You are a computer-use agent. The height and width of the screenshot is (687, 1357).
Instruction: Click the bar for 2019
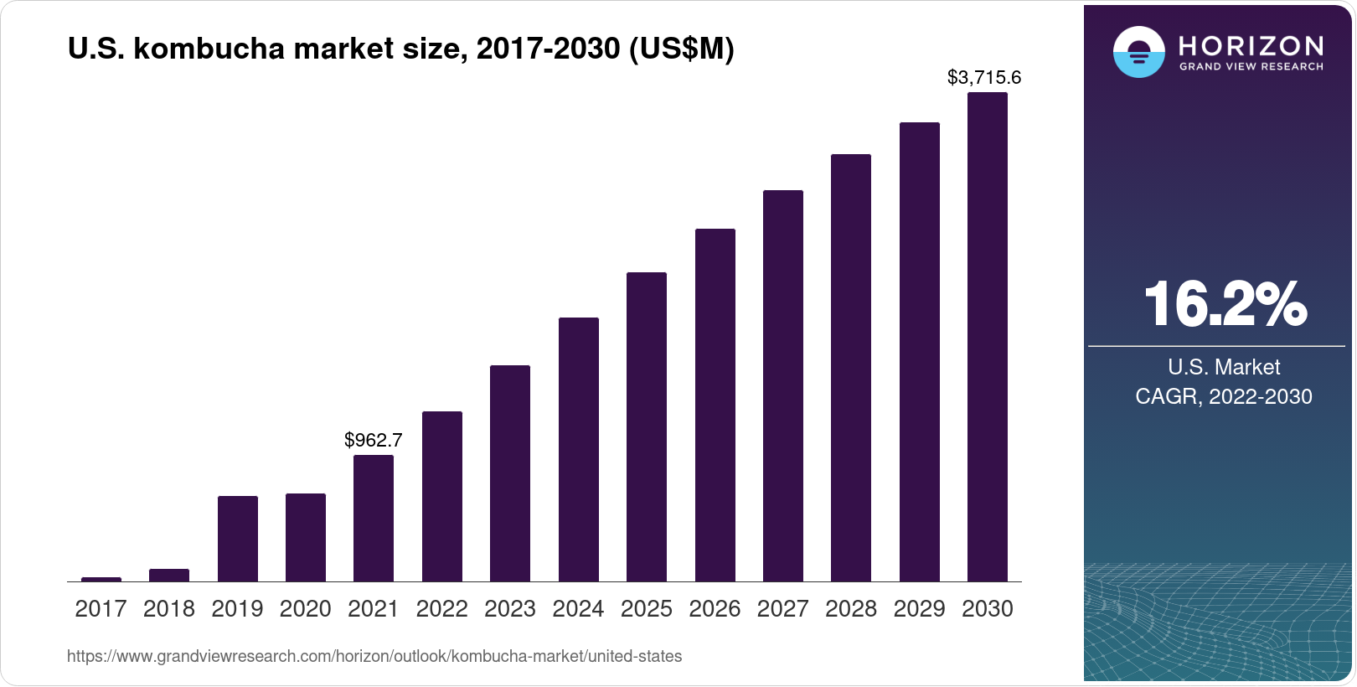238,539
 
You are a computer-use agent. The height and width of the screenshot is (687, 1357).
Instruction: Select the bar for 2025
647,427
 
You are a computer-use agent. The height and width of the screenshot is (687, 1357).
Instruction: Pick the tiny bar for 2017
101,579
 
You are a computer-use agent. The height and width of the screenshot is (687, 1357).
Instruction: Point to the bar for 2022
442,496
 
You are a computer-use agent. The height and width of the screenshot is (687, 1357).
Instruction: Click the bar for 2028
851,368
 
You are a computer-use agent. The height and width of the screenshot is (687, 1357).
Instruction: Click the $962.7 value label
374,440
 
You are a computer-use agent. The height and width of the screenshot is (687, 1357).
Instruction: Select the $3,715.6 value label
984,78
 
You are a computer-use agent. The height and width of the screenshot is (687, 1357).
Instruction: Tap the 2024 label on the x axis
578,609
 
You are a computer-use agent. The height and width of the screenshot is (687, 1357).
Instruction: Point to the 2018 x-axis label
169,609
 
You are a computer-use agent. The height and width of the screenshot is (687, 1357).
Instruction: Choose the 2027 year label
782,609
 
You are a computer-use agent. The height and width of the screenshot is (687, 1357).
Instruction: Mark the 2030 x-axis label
988,609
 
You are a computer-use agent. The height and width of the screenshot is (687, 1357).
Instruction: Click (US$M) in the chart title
681,49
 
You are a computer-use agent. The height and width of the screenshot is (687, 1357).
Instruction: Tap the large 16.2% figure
1224,304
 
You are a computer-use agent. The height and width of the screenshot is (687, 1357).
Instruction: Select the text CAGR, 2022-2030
1223,396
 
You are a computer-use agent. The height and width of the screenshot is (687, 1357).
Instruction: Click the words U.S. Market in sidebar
1223,367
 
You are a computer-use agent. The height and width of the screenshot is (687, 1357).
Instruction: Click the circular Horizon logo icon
1138,52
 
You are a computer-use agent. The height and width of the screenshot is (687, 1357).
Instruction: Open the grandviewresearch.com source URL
374,656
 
